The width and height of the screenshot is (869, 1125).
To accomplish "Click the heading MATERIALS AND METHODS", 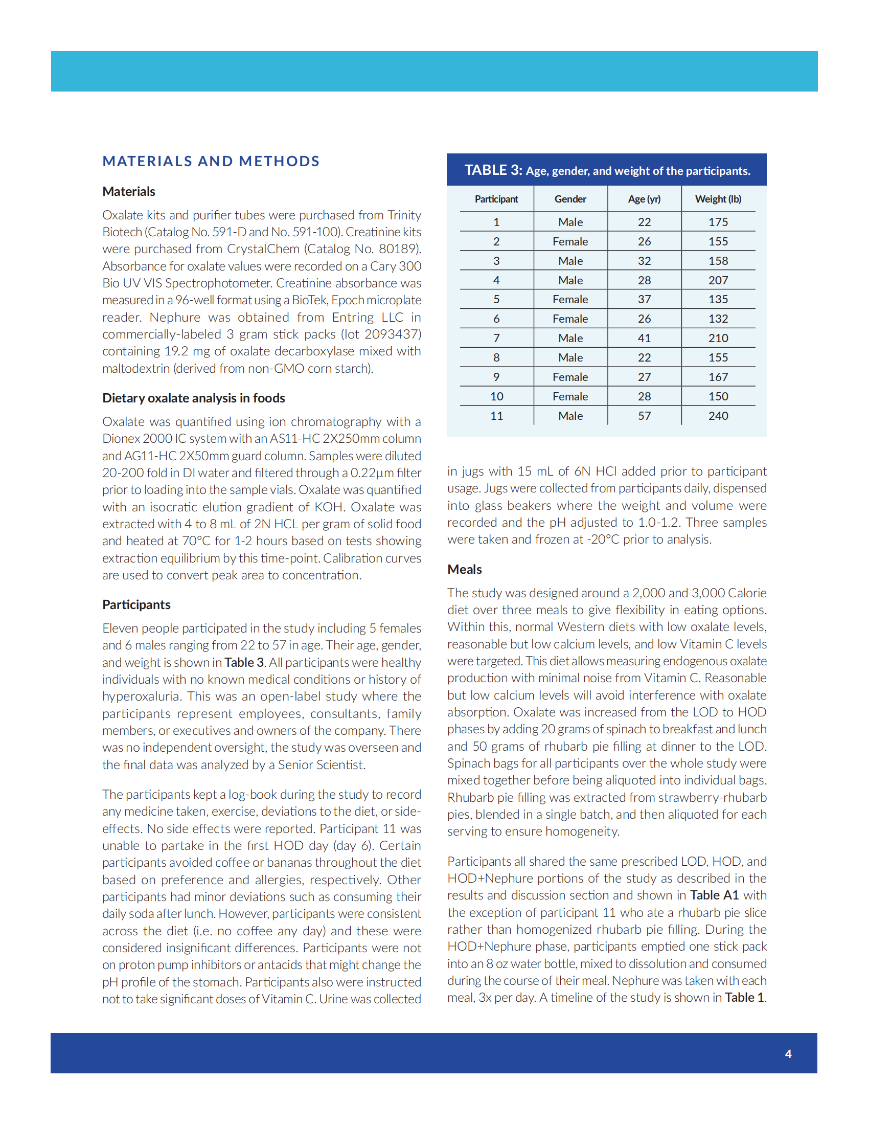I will point(211,161).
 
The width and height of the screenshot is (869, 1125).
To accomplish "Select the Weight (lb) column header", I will point(718,199).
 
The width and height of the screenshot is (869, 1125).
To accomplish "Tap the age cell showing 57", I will point(644,416).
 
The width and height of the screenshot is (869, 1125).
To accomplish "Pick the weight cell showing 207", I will point(718,280).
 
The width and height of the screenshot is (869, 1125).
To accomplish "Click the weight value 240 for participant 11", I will point(718,416).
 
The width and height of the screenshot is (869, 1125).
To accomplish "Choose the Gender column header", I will point(570,199).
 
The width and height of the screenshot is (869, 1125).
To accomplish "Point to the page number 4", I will point(788,1054).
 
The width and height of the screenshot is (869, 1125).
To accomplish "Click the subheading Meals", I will point(464,569).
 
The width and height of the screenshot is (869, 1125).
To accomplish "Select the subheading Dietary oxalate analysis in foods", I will point(194,398).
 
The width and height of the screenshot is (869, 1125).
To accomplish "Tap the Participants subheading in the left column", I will point(136,605).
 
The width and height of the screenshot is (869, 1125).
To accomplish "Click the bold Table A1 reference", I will point(714,895).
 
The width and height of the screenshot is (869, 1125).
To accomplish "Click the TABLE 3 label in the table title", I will point(493,170).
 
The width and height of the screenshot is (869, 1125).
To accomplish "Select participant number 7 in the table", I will point(496,339).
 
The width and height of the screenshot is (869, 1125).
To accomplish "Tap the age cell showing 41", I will point(644,339).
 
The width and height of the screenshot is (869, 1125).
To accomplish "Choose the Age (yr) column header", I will point(644,199).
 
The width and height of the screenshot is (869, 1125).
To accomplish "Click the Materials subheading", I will point(129,192).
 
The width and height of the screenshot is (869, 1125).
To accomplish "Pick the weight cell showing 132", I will point(718,319).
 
